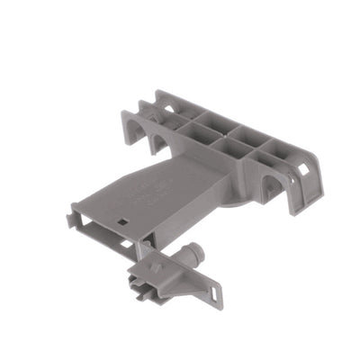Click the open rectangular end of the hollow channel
point(90,225)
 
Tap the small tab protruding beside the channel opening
point(75,217)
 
